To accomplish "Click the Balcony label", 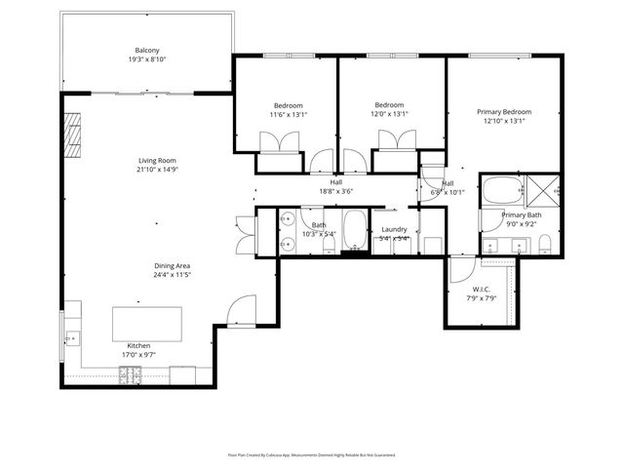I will coord(148,51).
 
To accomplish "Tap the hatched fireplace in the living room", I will coord(72,128).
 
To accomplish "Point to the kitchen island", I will coord(147,323).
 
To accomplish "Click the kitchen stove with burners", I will coord(130,372).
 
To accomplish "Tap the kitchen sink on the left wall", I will coord(70,338).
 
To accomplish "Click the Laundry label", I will coord(394,228).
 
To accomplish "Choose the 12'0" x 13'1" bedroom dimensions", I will coord(390,114).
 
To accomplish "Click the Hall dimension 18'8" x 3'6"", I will coord(335,191).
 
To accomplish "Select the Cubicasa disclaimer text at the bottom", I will coord(311,454).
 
